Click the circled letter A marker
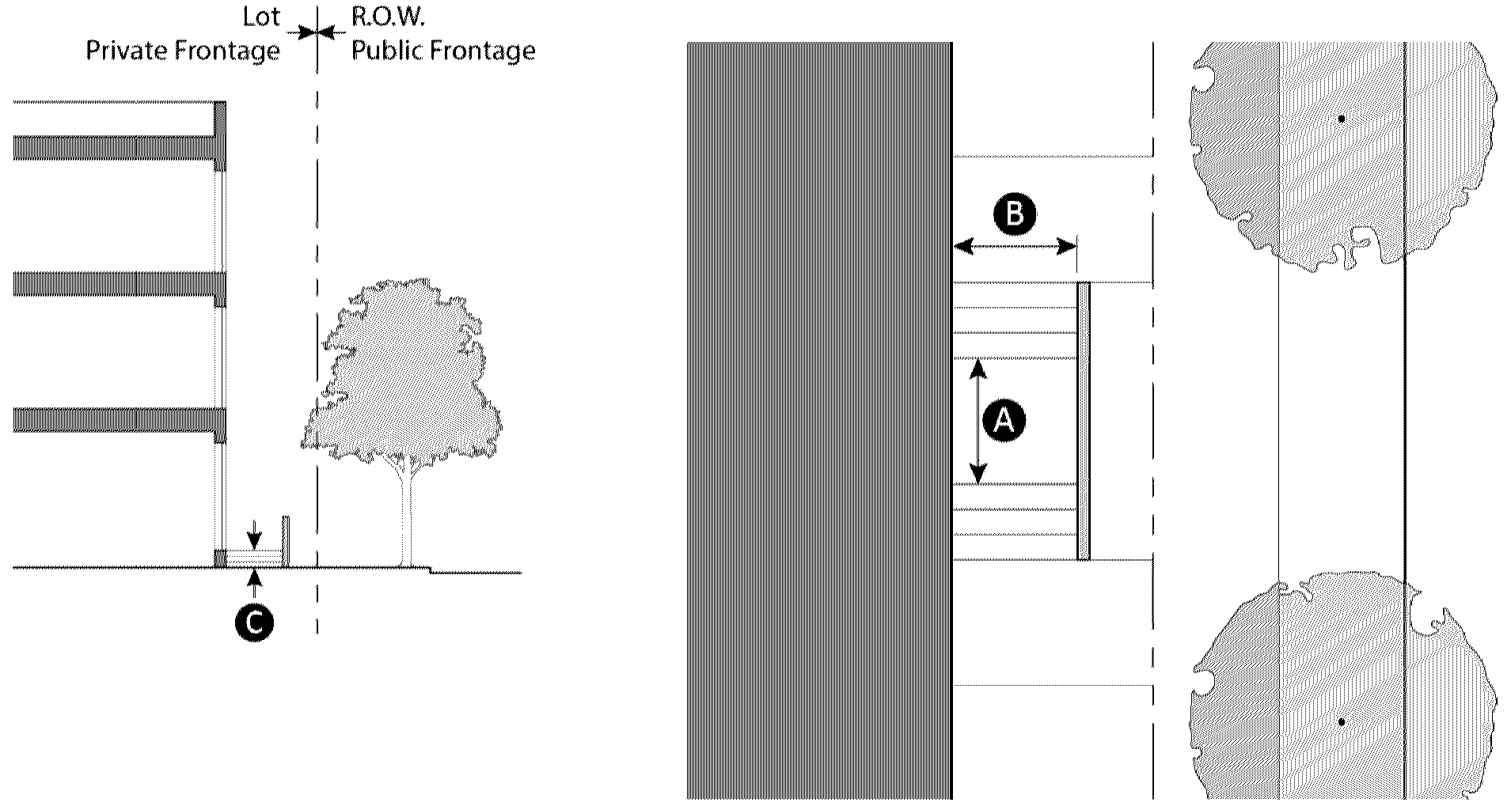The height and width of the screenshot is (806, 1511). pos(1004,421)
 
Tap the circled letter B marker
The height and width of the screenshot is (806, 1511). pos(1015,215)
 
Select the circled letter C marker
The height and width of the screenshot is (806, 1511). pos(254,623)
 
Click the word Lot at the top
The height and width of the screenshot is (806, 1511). pos(261,17)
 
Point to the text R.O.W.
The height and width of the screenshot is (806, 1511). pos(378,17)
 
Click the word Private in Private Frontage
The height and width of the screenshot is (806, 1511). pos(127,51)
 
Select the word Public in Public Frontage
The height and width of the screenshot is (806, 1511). pos(390,51)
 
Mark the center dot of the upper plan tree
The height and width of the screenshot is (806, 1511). pos(1342,119)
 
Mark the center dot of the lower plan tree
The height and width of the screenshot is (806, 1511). pos(1342,722)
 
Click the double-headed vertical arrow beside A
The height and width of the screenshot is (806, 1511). pos(979,421)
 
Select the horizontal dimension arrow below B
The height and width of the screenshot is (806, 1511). pos(1015,247)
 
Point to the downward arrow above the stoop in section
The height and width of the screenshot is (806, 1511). pos(254,534)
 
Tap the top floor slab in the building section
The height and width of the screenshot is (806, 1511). pos(119,148)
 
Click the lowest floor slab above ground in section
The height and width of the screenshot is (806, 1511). pos(119,419)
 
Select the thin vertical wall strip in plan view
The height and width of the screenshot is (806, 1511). pos(1084,421)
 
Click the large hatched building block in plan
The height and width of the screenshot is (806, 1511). pos(819,419)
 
